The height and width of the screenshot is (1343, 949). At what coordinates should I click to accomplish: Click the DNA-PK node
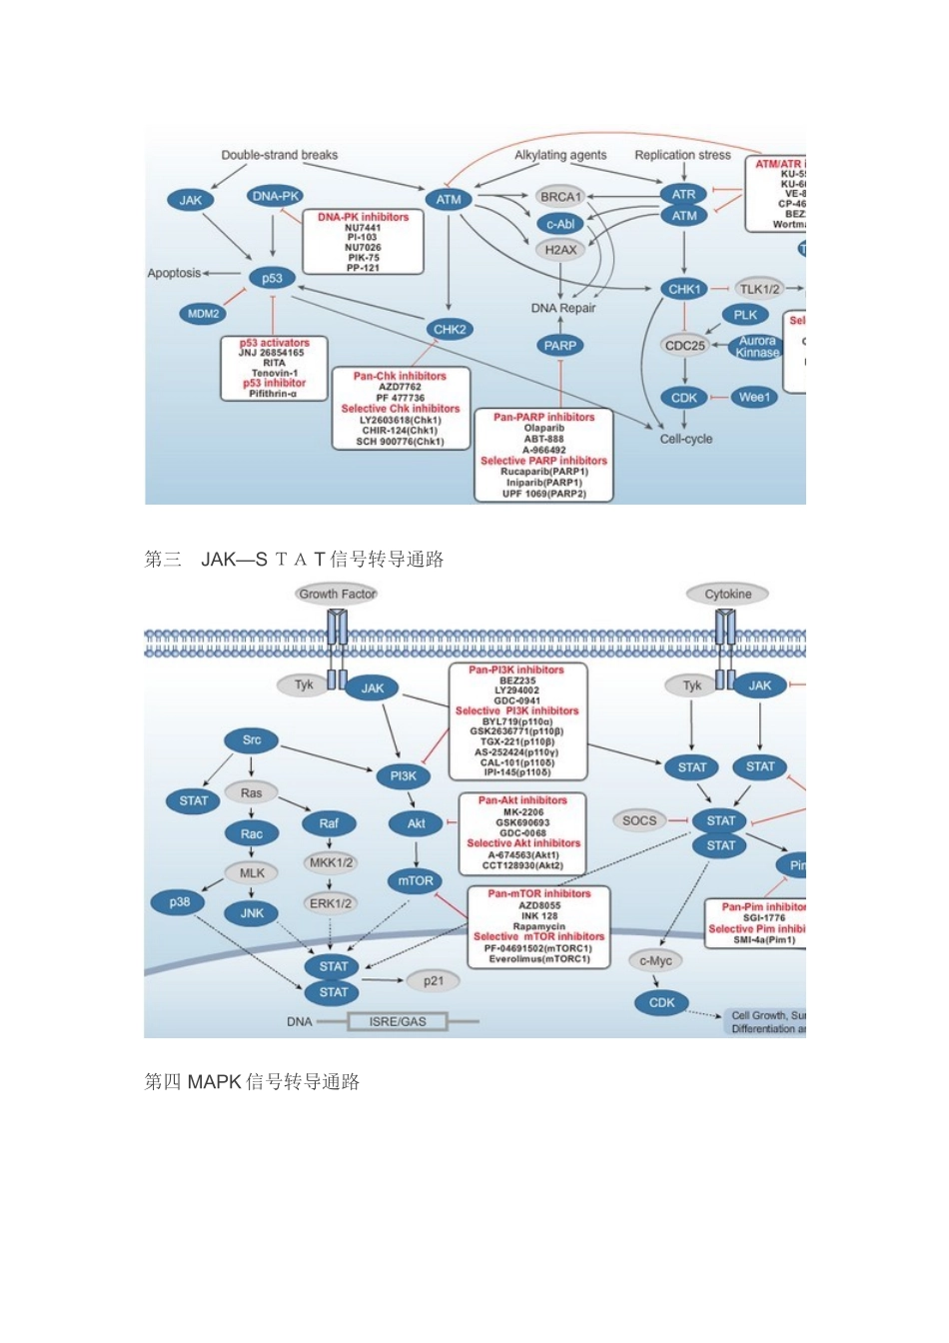pos(276,197)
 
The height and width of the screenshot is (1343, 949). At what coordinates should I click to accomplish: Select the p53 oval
pos(272,278)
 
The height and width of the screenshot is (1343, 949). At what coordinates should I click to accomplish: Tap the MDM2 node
pos(204,314)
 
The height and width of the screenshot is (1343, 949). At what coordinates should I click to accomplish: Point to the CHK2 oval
pos(449,329)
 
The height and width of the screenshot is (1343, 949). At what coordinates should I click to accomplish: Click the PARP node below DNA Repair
pos(560,346)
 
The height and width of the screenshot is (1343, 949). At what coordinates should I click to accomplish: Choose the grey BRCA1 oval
pos(560,197)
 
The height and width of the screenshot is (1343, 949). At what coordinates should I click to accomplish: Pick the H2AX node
pos(560,250)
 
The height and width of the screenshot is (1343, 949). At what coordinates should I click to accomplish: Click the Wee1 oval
pos(754,398)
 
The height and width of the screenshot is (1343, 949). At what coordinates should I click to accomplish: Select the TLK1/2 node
pos(760,289)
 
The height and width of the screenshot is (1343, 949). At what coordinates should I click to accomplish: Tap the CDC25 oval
pos(684,346)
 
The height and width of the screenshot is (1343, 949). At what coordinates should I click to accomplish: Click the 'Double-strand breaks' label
pos(280,155)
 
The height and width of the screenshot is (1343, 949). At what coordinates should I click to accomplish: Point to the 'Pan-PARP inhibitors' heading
pos(543,417)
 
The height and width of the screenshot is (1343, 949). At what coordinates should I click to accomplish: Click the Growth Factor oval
pos(338,594)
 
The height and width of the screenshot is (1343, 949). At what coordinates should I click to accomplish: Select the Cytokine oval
pos(727,594)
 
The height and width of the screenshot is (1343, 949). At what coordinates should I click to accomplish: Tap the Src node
pos(252,740)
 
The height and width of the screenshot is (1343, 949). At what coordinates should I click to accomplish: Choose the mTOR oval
pos(416,881)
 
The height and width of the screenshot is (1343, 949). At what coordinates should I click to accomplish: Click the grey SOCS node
pos(639,820)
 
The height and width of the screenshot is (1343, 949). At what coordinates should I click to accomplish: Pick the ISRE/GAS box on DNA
pos(398,1021)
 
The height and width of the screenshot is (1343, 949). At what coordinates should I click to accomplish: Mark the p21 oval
pos(433,981)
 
